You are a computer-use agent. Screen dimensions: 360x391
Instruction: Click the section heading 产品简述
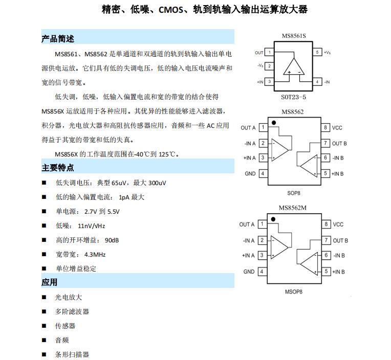click(58, 39)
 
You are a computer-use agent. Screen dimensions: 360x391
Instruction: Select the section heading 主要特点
click(58, 168)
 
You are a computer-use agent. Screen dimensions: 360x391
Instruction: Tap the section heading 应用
click(50, 282)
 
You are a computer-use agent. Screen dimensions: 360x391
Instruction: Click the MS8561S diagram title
click(294, 36)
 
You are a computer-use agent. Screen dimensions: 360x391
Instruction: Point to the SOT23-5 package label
click(293, 97)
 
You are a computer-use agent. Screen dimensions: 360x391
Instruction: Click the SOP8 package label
click(293, 193)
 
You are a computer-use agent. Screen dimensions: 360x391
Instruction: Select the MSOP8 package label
click(294, 292)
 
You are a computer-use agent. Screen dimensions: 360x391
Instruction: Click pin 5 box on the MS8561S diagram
click(317, 52)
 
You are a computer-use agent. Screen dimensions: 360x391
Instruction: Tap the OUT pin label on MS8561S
click(259, 53)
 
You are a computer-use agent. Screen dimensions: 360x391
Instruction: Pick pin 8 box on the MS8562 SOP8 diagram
click(325, 127)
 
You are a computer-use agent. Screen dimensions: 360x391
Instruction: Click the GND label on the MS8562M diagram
click(249, 272)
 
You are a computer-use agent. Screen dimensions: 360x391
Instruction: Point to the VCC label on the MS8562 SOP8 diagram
click(337, 128)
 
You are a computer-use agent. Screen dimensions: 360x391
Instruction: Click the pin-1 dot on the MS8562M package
click(274, 219)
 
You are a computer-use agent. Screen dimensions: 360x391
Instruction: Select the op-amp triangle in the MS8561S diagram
click(294, 67)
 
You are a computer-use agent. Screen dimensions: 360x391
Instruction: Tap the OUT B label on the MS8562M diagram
click(340, 240)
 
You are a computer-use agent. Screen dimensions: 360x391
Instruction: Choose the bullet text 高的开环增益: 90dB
click(88, 240)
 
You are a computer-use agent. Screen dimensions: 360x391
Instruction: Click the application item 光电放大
click(69, 297)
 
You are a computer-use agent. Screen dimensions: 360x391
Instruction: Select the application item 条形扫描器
click(72, 354)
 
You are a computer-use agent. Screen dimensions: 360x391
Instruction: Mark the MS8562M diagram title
click(293, 207)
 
